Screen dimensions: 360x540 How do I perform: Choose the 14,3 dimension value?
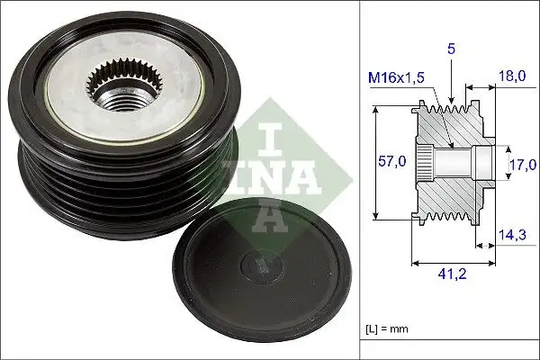tap(511, 236)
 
